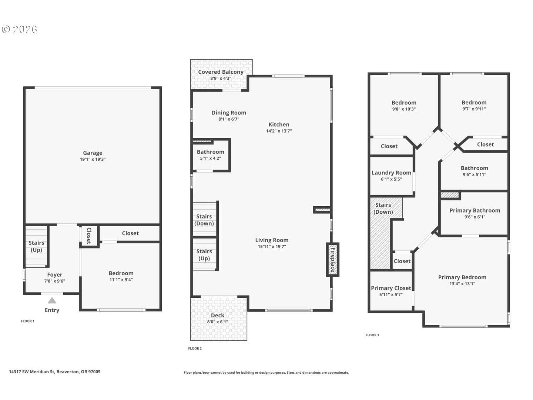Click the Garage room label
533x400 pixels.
click(x=93, y=153)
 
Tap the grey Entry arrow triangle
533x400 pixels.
click(x=52, y=301)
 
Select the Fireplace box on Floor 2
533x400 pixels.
click(x=332, y=259)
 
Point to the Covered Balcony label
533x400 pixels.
click(x=221, y=72)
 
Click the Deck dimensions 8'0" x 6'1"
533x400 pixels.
click(x=217, y=322)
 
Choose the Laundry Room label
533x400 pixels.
click(x=391, y=173)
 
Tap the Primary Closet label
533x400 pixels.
click(x=391, y=288)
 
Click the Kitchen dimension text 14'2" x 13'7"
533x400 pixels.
click(x=279, y=131)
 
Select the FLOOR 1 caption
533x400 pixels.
click(x=27, y=321)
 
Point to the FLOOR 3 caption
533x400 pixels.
click(x=372, y=335)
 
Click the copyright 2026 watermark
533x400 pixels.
click(x=19, y=29)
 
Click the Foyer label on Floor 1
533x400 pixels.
click(x=55, y=274)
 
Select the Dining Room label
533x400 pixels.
click(x=229, y=113)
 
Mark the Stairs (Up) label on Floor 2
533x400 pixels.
click(x=204, y=255)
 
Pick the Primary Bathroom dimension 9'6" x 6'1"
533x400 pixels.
click(x=475, y=217)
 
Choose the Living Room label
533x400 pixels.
click(x=272, y=240)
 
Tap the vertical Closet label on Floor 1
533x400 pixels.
click(x=89, y=236)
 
